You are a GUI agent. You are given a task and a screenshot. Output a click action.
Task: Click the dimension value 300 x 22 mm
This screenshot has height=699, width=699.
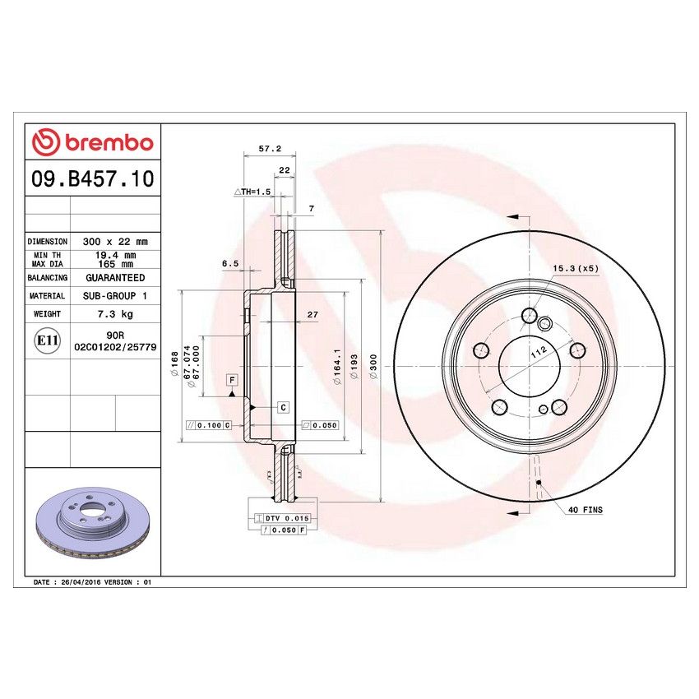point(115,242)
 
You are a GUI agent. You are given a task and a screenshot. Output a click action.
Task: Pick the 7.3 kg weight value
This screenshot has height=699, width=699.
point(115,314)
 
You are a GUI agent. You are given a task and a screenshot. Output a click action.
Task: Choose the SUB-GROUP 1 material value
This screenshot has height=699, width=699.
point(115,296)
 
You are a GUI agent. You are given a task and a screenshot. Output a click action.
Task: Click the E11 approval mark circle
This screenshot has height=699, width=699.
point(47,340)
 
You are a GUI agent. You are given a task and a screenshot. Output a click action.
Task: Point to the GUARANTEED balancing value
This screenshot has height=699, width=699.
point(115,278)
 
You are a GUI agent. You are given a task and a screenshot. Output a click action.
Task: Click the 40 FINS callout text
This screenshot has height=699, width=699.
point(585,510)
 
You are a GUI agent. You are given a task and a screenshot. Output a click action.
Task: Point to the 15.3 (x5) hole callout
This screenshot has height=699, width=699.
point(574,269)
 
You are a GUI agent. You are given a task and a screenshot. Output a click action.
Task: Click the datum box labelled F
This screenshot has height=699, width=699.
point(233,379)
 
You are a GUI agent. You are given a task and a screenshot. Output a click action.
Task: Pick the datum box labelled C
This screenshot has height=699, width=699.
point(283,407)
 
